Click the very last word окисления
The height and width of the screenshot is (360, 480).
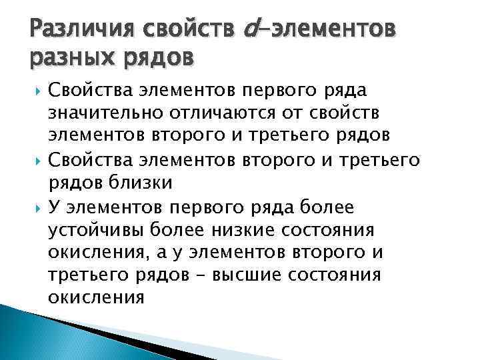pyautogui.click(x=97, y=298)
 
